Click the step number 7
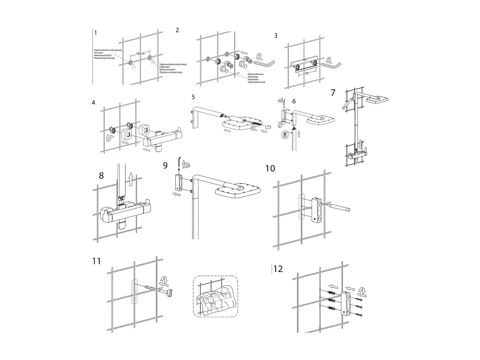click(333, 93)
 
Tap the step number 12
click(278, 269)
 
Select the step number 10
click(270, 168)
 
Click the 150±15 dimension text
click(140, 54)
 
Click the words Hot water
click(99, 53)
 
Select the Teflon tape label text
click(253, 77)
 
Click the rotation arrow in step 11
click(164, 281)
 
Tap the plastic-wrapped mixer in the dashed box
click(215, 300)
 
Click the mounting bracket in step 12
click(346, 303)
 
